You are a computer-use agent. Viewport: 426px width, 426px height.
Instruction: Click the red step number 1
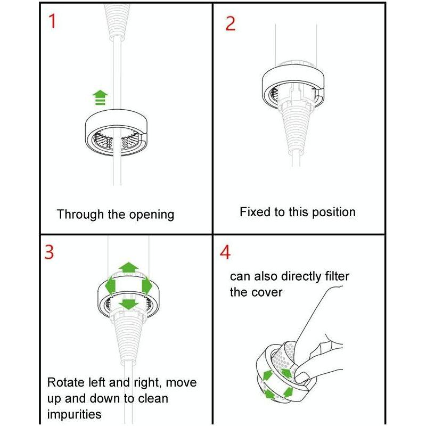click(x=52, y=21)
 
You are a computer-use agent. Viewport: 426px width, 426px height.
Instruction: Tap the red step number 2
click(x=231, y=23)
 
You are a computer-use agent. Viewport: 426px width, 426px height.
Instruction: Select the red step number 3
click(x=49, y=252)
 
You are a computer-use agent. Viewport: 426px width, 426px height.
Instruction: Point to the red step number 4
click(x=225, y=252)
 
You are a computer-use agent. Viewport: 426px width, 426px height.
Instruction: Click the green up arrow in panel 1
click(x=100, y=97)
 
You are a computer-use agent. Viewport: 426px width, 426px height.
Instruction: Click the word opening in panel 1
click(x=151, y=215)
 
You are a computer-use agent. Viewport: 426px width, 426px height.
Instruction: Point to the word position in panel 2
click(x=334, y=212)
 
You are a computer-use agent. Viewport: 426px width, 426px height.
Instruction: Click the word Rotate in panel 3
click(x=65, y=382)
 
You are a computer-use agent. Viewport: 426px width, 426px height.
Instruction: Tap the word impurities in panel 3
click(x=74, y=414)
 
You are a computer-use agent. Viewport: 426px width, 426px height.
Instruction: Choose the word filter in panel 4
click(x=337, y=276)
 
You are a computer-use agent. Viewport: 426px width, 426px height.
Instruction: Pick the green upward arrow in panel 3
click(x=128, y=267)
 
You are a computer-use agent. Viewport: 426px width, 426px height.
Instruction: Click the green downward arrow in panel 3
click(x=128, y=305)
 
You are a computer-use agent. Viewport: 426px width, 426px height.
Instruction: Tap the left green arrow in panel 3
click(x=110, y=286)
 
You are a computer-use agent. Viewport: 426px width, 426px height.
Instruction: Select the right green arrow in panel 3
click(x=147, y=285)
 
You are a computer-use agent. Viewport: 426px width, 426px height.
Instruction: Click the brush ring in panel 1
click(x=116, y=132)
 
